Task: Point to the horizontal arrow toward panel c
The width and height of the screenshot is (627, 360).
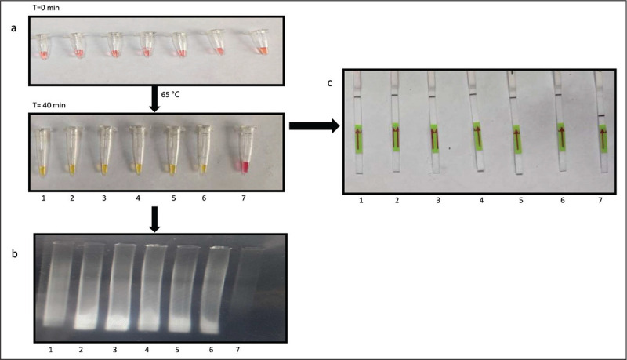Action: (x=313, y=125)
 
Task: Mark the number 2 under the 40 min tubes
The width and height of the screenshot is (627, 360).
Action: (x=74, y=198)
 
